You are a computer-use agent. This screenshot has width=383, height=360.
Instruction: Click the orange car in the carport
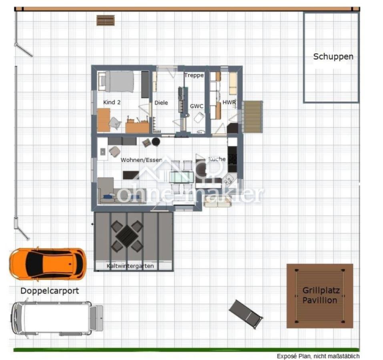point(48,264)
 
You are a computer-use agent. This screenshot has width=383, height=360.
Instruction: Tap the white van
point(57,318)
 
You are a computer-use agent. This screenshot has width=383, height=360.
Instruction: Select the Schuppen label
point(333,57)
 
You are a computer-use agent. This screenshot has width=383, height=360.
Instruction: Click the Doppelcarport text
point(50,291)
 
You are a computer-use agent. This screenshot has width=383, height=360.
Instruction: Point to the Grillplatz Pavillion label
point(320,295)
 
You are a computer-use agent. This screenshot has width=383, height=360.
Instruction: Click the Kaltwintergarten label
point(130,266)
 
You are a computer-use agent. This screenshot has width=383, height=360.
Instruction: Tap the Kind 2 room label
point(112,102)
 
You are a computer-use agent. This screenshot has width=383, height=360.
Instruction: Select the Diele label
point(161,103)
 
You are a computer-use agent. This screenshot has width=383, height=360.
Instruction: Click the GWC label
point(197,106)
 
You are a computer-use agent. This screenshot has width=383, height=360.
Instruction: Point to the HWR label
point(229,102)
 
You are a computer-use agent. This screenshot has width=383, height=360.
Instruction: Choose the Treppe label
point(194,75)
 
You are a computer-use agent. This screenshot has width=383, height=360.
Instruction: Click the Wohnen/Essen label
point(141,160)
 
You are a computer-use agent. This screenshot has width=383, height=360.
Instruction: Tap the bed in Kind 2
point(116,82)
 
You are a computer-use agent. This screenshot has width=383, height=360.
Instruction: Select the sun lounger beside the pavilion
point(246,314)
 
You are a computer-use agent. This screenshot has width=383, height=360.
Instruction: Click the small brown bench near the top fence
point(106,20)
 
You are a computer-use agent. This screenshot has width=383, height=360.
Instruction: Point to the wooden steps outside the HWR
point(253,117)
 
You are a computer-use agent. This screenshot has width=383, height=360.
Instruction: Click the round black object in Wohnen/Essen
point(156,142)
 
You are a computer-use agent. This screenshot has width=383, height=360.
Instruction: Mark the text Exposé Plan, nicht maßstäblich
point(318,356)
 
